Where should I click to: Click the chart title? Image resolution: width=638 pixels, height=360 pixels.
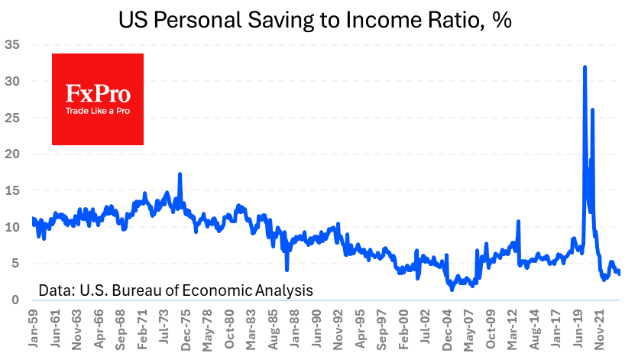tap(315, 20)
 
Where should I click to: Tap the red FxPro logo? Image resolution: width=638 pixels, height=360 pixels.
tap(98, 99)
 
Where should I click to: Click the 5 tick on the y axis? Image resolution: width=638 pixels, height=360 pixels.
tap(15, 264)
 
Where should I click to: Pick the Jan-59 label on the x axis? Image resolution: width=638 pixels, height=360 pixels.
tap(33, 329)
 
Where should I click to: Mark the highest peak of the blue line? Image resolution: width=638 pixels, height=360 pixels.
tap(585, 67)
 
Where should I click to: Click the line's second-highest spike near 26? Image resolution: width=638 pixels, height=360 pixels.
tap(592, 110)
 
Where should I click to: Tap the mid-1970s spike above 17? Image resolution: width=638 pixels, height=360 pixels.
tap(180, 174)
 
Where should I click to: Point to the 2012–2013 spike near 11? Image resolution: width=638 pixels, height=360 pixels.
tap(519, 222)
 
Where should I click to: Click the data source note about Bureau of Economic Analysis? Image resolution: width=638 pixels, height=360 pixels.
tap(176, 290)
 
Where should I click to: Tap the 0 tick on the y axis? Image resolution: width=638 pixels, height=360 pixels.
tap(15, 300)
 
